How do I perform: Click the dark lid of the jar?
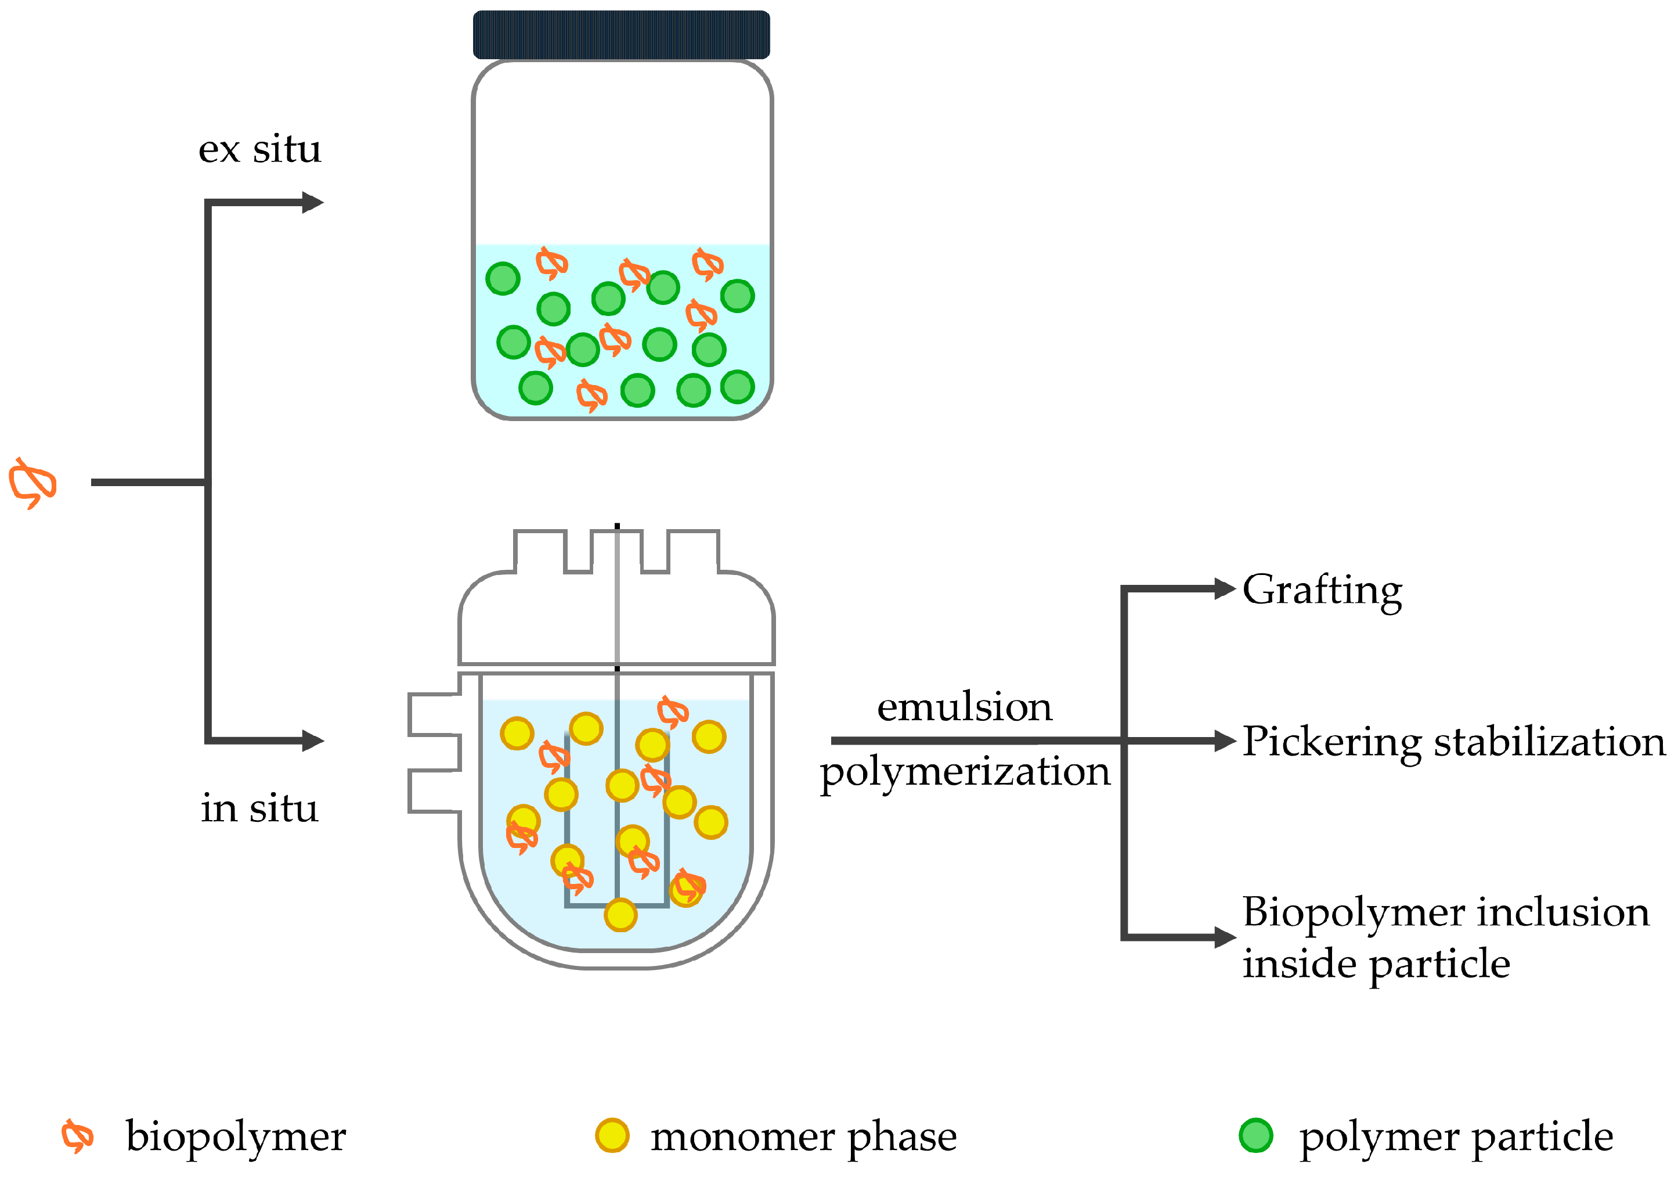(621, 34)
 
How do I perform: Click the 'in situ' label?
(259, 808)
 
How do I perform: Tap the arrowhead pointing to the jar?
(313, 203)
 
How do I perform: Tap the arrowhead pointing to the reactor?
(313, 741)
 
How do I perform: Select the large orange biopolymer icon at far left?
(32, 483)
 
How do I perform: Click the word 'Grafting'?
(1322, 591)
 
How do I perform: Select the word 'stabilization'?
(1549, 742)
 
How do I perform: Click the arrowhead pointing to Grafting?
(1225, 588)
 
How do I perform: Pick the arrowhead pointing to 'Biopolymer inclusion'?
(1225, 937)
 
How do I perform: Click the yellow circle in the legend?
(612, 1135)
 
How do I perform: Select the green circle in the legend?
(1255, 1135)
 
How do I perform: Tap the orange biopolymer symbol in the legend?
(77, 1135)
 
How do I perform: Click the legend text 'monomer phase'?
(803, 1137)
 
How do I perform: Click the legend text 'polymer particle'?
(1456, 1137)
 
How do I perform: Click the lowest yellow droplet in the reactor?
(620, 915)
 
